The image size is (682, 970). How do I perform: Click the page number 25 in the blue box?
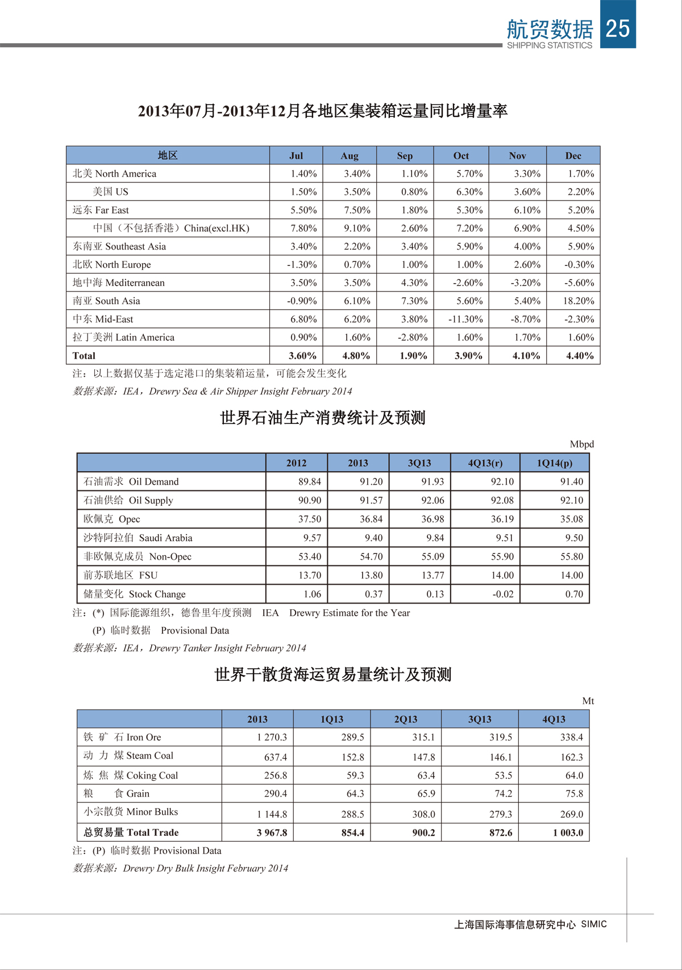tap(618, 28)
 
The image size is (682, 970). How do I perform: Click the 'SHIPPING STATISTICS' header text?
tap(549, 45)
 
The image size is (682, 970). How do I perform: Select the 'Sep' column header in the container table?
tap(405, 156)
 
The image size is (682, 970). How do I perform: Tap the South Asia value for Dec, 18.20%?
tap(579, 301)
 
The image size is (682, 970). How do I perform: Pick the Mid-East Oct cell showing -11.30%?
tap(465, 319)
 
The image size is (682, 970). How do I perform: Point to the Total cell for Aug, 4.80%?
tap(356, 356)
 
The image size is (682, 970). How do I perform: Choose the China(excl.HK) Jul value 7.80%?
tap(303, 228)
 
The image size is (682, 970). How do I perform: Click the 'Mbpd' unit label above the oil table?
tap(581, 444)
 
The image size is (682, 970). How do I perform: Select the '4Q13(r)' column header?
tap(485, 463)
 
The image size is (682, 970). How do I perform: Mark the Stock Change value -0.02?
tap(502, 594)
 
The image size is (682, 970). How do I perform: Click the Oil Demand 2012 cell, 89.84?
tap(310, 481)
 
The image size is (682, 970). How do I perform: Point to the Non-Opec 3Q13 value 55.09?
tap(433, 556)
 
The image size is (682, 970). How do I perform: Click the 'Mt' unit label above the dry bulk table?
tap(588, 701)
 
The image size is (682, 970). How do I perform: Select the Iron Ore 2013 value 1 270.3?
tap(272, 737)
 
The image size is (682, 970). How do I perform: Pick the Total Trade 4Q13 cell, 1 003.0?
tap(568, 832)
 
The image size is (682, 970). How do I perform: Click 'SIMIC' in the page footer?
tap(593, 924)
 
